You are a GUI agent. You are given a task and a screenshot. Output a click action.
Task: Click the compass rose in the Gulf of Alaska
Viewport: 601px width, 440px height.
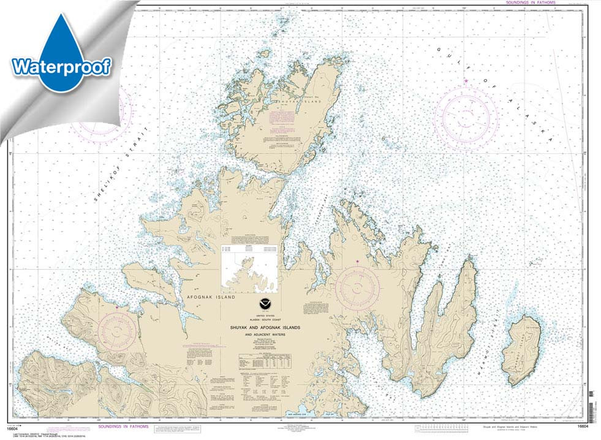pyautogui.click(x=466, y=117)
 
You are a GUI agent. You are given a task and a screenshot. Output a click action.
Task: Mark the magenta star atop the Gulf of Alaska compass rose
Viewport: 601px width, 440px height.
pyautogui.click(x=466, y=81)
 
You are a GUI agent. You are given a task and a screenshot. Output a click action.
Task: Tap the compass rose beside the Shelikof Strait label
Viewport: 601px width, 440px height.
pyautogui.click(x=101, y=113)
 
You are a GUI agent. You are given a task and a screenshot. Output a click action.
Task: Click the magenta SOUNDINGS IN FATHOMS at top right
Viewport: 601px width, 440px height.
pyautogui.click(x=530, y=3)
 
